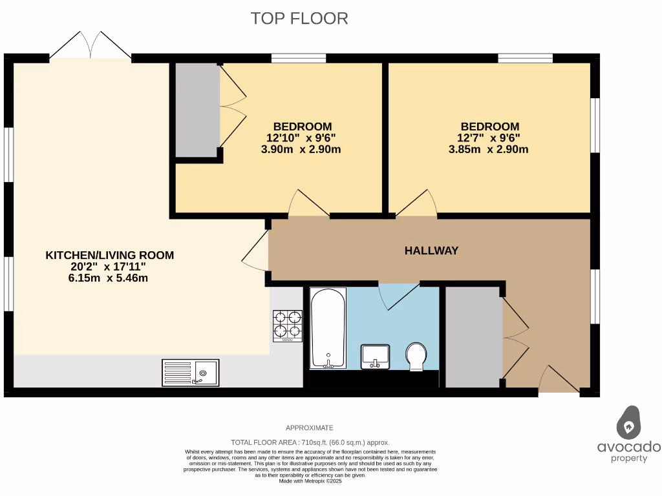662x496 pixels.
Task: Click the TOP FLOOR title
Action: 299,18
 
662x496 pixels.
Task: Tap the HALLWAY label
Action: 431,251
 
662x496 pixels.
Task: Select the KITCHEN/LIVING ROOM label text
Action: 109,255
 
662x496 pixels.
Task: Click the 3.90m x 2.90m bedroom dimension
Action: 301,149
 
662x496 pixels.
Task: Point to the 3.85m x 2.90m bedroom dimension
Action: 488,149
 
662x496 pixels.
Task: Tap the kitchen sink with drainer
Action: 190,373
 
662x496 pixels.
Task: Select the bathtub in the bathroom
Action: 328,329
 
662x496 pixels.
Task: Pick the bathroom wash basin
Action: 375,356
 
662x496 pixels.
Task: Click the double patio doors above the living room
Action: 91,46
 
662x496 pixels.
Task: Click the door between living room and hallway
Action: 256,253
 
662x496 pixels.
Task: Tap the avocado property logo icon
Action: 628,423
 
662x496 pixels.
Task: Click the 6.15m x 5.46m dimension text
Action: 109,278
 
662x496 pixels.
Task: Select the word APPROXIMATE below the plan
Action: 310,428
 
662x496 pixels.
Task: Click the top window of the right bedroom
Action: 525,59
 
